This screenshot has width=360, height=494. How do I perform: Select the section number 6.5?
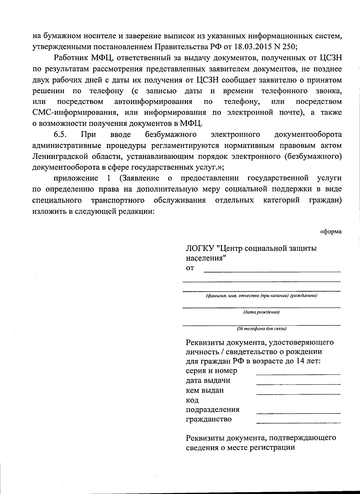tap(60, 135)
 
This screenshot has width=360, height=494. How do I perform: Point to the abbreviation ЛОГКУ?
tap(199, 248)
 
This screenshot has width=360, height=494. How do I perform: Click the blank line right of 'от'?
tap(272, 271)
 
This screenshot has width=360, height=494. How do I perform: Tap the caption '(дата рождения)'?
tap(261, 312)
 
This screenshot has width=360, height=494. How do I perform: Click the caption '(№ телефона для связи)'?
tap(261, 329)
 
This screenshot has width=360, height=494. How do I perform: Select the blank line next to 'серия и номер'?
tap(298, 374)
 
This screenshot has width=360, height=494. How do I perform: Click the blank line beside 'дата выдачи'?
tap(298, 384)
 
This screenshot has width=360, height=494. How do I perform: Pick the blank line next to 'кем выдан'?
tap(298, 394)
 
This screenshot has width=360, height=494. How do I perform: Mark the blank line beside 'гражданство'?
tap(298, 423)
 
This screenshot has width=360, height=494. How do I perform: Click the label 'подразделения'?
tap(212, 409)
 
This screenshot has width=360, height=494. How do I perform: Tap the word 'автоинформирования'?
tap(153, 102)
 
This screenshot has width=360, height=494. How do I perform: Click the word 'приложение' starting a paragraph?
tap(76, 178)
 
